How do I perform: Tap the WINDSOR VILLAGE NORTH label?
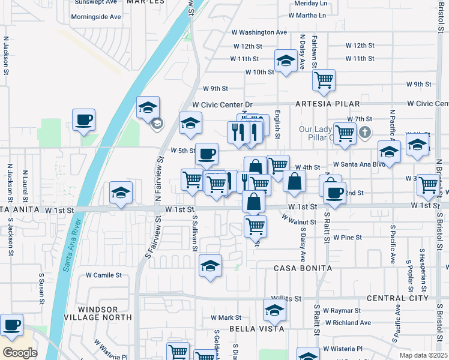point(97,312)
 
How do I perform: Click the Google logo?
point(20,353)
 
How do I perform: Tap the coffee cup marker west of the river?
point(83,119)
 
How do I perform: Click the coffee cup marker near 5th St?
point(206,154)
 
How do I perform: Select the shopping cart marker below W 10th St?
point(324,80)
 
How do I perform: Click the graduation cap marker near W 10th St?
point(286,60)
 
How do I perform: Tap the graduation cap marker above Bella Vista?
point(274,310)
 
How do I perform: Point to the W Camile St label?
point(103,275)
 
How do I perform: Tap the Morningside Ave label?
point(96,16)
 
